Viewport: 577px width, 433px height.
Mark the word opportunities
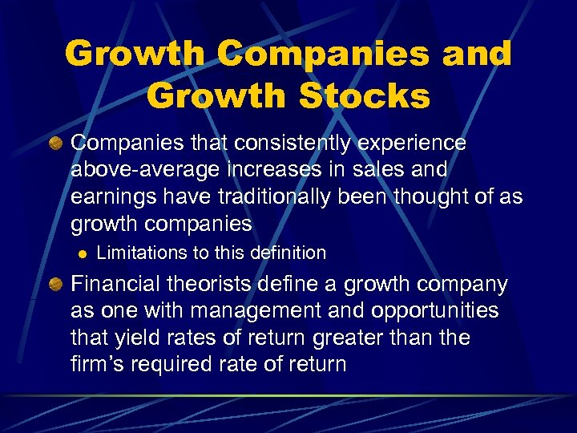pos(432,311)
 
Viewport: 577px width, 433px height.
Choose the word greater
pos(379,338)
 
